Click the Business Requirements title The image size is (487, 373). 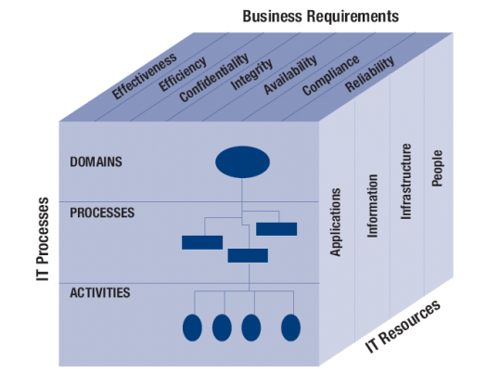point(321,16)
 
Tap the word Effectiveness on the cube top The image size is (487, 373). point(144,76)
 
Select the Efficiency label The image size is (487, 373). point(183,74)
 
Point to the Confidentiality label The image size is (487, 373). point(214,77)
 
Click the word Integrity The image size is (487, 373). point(251,74)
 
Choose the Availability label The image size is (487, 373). point(290,74)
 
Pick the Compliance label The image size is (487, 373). point(331,75)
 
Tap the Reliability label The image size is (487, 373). point(370,74)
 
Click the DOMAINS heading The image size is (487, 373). point(96,161)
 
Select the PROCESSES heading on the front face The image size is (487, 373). point(102,212)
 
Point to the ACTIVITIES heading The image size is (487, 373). point(100,292)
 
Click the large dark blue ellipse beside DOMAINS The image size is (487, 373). point(242,161)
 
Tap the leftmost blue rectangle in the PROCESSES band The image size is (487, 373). point(202,242)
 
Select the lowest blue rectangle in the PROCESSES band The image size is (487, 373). point(248,255)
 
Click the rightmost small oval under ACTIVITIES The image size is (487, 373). point(290,328)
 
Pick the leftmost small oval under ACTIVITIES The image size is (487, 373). point(192,328)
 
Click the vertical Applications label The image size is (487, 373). point(336,222)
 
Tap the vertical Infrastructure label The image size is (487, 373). point(405,182)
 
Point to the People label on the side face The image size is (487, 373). point(437,168)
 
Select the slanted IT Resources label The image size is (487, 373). point(404,326)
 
